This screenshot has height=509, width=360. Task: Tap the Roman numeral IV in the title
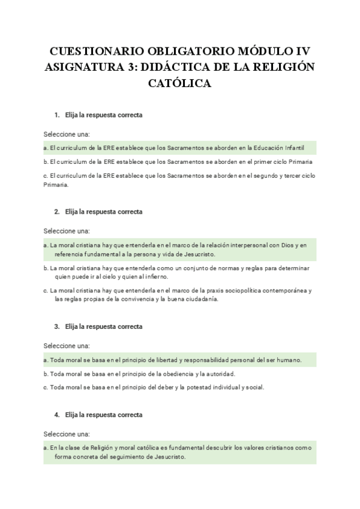tap(301, 50)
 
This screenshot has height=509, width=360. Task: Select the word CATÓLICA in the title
tap(179, 83)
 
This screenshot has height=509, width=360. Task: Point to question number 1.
tap(56, 115)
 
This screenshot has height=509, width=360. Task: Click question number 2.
tap(56, 212)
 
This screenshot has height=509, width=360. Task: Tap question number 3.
tap(56, 327)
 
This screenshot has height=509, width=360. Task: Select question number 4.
tap(56, 415)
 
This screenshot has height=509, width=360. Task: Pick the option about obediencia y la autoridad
tap(139, 374)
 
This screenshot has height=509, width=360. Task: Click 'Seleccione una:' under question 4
tap(66, 433)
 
